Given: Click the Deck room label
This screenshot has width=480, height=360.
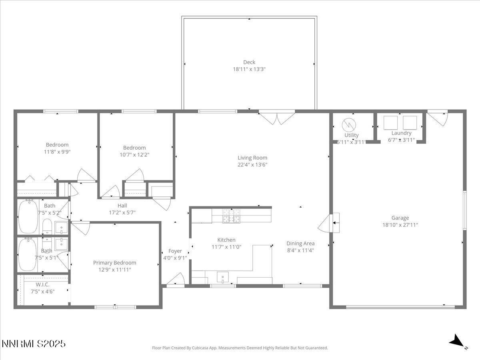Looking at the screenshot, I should (249, 62).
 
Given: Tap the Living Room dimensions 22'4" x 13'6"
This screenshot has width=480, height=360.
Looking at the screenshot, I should (252, 164).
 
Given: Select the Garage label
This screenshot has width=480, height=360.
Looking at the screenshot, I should (400, 218).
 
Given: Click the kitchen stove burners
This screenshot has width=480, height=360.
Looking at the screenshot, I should (232, 216).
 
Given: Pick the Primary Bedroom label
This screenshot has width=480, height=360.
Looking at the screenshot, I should (114, 262).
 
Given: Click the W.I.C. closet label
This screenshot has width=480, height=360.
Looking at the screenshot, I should (42, 284).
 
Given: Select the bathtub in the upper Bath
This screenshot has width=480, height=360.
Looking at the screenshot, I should (28, 216).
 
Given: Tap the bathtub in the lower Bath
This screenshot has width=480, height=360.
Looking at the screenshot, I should (27, 254).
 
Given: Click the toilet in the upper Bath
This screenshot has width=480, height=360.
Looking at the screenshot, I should (46, 226).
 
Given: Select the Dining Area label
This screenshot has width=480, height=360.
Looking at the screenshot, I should (300, 243).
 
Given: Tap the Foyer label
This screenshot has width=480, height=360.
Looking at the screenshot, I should (175, 251).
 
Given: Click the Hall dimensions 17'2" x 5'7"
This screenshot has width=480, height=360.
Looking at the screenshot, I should (122, 212).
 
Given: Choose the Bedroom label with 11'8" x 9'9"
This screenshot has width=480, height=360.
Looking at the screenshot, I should (57, 144).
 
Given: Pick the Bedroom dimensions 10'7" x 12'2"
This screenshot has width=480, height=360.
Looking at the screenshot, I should (134, 154).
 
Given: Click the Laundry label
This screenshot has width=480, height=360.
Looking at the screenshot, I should (401, 133).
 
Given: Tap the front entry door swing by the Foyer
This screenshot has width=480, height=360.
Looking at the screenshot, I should (176, 280).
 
